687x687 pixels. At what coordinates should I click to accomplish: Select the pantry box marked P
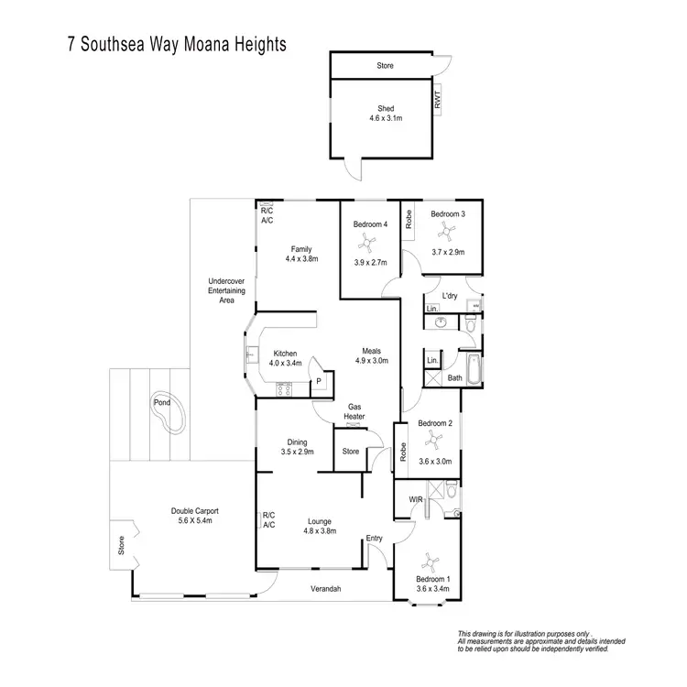(319, 381)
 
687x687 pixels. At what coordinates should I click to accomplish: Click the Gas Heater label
(354, 411)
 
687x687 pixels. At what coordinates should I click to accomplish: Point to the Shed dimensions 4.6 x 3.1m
(386, 119)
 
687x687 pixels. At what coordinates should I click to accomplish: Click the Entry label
(374, 538)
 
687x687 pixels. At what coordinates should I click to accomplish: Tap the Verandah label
(325, 589)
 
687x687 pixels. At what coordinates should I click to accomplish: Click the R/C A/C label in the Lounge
(269, 520)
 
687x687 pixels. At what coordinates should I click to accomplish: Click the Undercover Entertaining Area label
(221, 289)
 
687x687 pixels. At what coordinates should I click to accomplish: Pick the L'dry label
(450, 296)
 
